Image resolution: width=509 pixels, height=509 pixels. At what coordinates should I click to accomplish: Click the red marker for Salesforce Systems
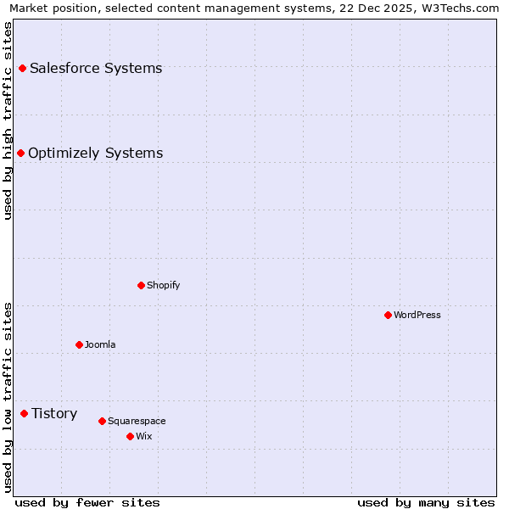tap(23, 68)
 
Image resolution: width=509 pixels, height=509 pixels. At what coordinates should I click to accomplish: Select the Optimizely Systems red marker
tap(21, 153)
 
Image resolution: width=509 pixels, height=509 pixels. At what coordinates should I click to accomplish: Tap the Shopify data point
tap(142, 285)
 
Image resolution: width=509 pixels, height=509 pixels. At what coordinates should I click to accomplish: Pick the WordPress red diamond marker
tap(389, 315)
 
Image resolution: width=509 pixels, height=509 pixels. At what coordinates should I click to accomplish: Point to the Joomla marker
tap(80, 344)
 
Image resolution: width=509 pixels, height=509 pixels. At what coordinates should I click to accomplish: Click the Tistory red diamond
tap(25, 413)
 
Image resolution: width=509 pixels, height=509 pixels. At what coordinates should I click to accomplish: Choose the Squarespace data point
tap(103, 421)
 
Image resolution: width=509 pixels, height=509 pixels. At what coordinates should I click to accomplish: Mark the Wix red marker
tap(131, 436)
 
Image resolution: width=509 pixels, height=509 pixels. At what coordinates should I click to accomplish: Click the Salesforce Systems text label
tap(96, 68)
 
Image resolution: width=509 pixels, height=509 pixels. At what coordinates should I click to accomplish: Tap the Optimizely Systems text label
tap(96, 153)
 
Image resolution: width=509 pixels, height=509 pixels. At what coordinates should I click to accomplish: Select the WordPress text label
tap(417, 315)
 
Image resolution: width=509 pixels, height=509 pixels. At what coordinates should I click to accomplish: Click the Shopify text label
tap(164, 285)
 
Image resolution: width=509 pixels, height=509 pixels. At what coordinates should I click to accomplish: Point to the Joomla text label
tap(100, 344)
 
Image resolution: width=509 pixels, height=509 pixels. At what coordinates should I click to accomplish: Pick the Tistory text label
tap(54, 413)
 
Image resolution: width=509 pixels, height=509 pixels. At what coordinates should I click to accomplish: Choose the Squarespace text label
tap(137, 421)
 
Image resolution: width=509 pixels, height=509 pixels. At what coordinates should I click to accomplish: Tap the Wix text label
tap(144, 436)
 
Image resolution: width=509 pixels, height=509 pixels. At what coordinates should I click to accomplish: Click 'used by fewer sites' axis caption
tap(87, 502)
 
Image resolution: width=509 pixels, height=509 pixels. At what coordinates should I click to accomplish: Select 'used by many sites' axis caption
tap(426, 502)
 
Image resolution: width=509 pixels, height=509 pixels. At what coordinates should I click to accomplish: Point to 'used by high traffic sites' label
tap(8, 120)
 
